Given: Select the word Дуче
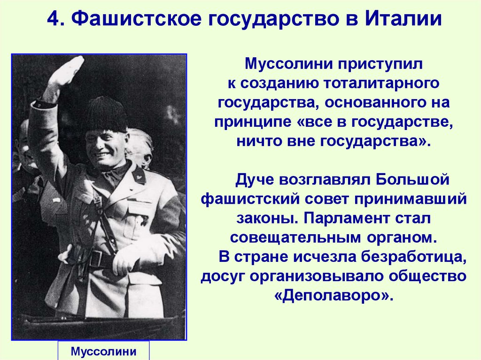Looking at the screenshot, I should click(x=254, y=180).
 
